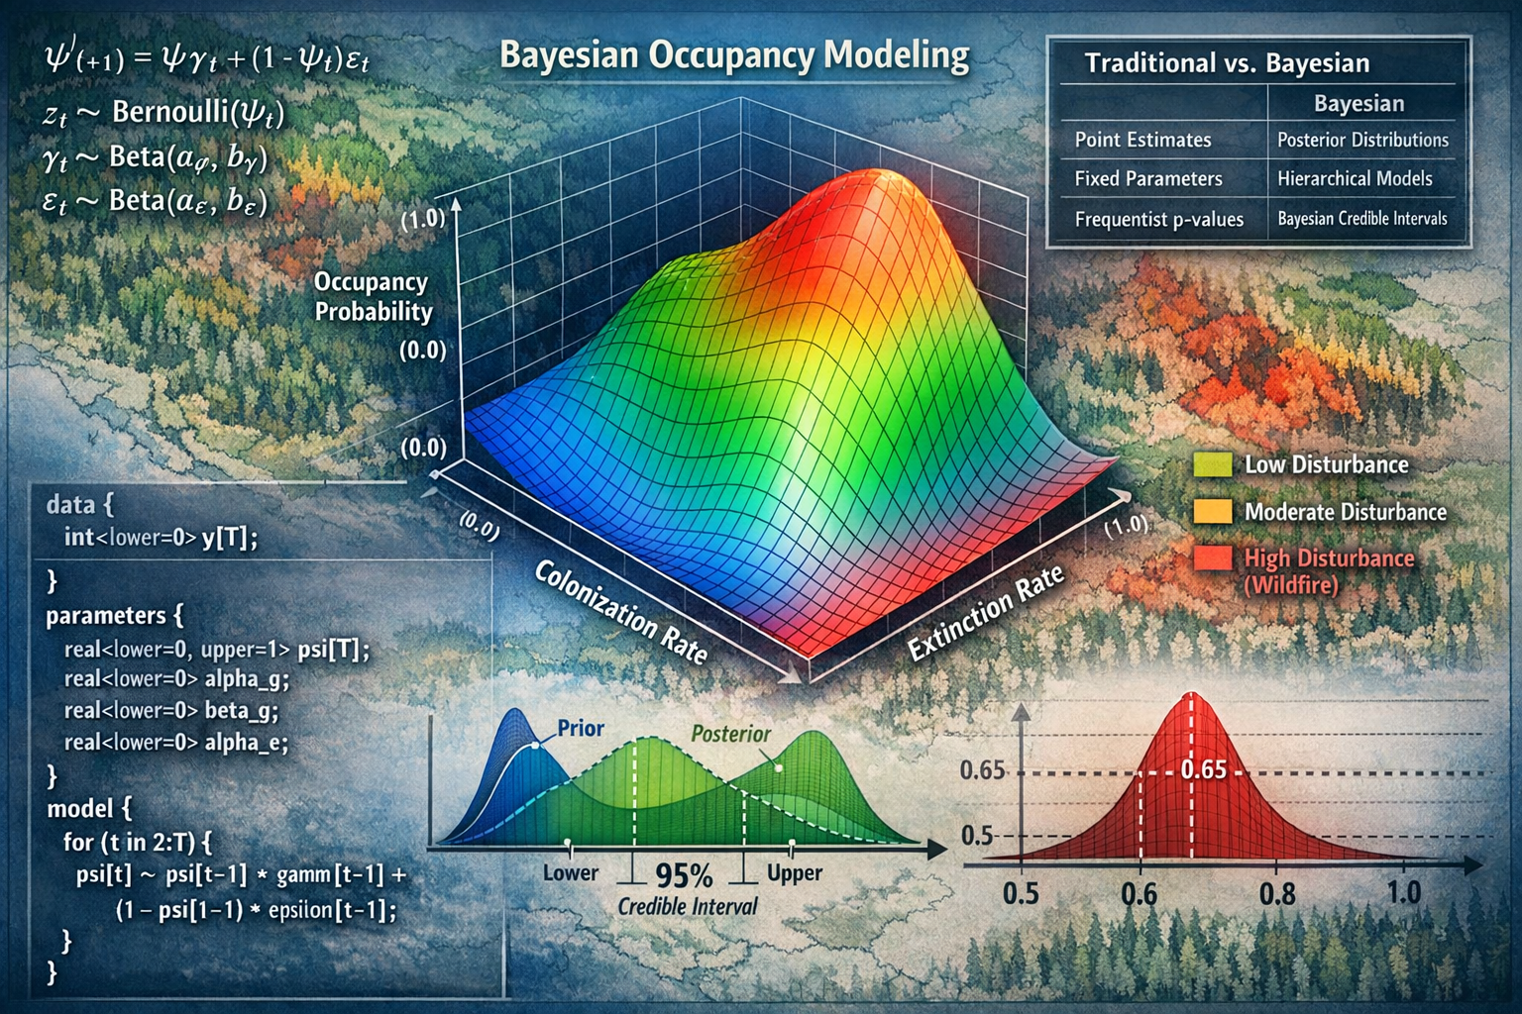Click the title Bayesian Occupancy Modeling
(734, 55)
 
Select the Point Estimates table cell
(1142, 140)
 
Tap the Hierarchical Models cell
(1355, 178)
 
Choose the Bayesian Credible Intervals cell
(1361, 219)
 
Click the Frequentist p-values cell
(1158, 219)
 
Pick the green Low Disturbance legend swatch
(1213, 464)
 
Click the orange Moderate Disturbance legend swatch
(1213, 511)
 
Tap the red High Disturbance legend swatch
(1213, 558)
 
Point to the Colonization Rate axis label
(621, 611)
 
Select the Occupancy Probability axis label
(373, 296)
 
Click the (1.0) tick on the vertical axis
(422, 218)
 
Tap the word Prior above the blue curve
(581, 728)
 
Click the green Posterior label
(730, 734)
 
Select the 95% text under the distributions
(684, 875)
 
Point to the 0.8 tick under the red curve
(1276, 893)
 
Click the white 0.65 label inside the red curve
(1204, 769)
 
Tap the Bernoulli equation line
(163, 113)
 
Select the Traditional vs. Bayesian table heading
(1227, 63)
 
